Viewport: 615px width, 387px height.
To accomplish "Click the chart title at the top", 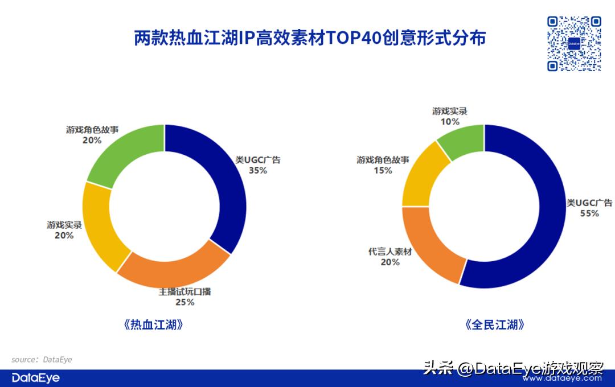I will pyautogui.click(x=310, y=39).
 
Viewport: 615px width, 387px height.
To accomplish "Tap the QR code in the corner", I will pyautogui.click(x=574, y=44).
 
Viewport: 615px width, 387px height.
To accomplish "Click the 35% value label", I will pyautogui.click(x=257, y=170).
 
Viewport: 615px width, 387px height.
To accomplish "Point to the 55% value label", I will pyautogui.click(x=589, y=213).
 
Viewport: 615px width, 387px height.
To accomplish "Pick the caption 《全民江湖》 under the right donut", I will pyautogui.click(x=494, y=325).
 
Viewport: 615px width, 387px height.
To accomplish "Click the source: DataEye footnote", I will pyautogui.click(x=42, y=360).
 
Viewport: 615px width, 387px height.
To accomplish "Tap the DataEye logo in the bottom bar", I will pyautogui.click(x=36, y=378).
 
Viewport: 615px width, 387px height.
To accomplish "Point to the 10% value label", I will pyautogui.click(x=449, y=122).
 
